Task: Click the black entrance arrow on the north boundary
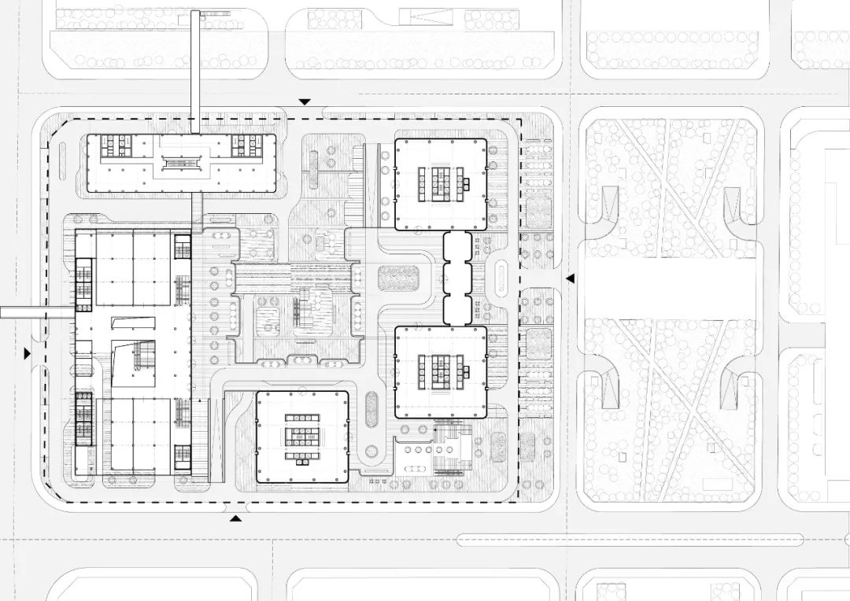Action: click(x=305, y=102)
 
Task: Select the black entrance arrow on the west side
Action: click(x=28, y=354)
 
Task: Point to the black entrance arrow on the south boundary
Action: click(x=235, y=518)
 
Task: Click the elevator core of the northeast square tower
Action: click(x=440, y=184)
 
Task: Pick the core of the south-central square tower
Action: click(x=302, y=437)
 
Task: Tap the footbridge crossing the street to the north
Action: click(x=195, y=71)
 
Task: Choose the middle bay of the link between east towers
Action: click(x=456, y=278)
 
